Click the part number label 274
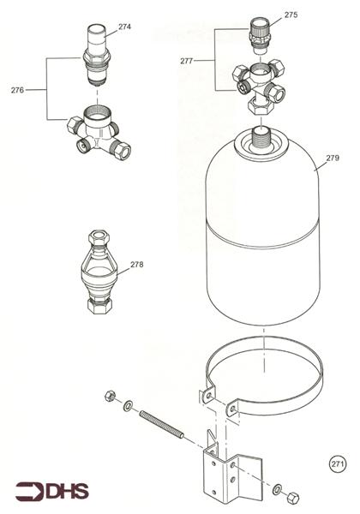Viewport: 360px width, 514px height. point(124,27)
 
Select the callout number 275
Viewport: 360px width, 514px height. point(291,15)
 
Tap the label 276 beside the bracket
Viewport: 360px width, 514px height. point(17,90)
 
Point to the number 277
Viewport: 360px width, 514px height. point(186,61)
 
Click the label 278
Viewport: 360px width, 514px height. point(137,265)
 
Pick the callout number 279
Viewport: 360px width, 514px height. point(333,158)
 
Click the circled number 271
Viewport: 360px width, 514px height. point(338,464)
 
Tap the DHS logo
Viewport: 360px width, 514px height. point(52,492)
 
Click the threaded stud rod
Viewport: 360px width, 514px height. point(162,424)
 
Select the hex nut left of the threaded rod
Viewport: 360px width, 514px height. point(110,396)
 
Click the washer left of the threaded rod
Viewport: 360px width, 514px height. point(128,405)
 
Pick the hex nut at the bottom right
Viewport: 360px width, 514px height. point(292,498)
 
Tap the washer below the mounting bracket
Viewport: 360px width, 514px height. point(277,489)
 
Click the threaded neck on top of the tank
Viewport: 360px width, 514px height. point(261,140)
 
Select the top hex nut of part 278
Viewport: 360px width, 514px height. point(99,236)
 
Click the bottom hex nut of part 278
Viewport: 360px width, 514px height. point(99,306)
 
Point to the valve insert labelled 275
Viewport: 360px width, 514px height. point(260,35)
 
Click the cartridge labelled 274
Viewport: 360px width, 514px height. point(96,56)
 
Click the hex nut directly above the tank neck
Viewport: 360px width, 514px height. point(261,106)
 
